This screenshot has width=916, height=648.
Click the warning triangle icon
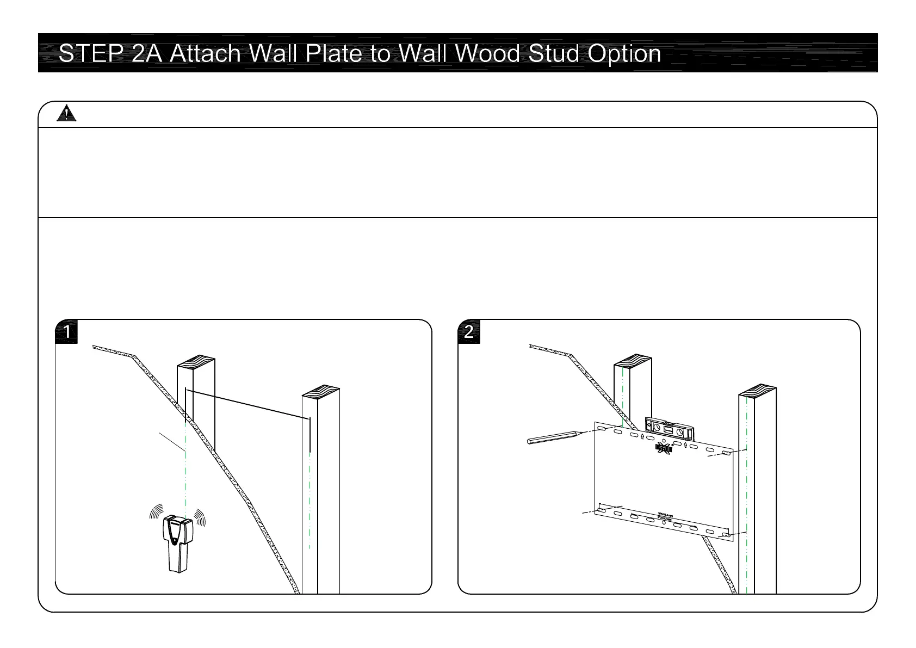66,114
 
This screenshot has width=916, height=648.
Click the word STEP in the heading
89,53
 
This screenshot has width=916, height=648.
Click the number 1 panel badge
67,332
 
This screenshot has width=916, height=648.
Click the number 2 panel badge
469,332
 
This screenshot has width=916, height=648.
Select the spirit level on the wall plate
669,428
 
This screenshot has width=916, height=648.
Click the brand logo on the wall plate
664,448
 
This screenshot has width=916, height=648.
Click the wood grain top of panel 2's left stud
633,360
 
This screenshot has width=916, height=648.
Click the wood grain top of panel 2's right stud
757,391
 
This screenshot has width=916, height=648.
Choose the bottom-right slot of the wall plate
726,535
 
